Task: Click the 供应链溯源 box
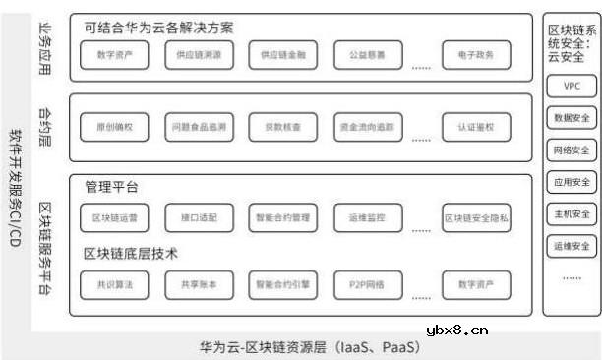click(199, 56)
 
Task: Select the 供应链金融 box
click(282, 56)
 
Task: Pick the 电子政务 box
click(476, 56)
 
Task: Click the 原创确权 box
click(115, 129)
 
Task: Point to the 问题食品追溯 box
click(199, 129)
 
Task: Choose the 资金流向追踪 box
click(367, 129)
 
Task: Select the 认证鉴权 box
click(476, 129)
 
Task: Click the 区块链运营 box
click(115, 217)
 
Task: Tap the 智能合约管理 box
click(282, 217)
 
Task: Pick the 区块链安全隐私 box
click(476, 217)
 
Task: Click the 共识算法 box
click(115, 285)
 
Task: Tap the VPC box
click(572, 87)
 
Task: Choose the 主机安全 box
click(572, 213)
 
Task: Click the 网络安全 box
click(572, 150)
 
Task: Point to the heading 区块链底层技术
click(131, 254)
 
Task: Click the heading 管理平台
click(111, 185)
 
